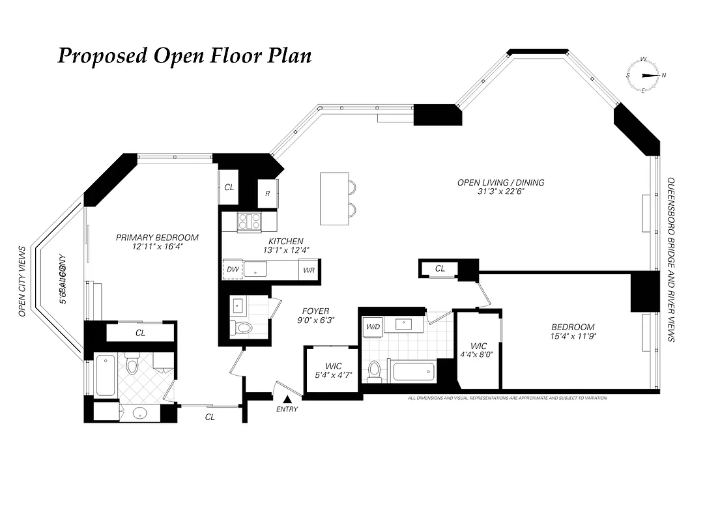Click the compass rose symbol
point(644,75)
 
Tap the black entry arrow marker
point(287,399)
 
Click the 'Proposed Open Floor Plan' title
point(184,56)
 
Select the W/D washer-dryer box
point(373,326)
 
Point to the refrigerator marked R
point(268,193)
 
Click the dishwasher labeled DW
point(232,269)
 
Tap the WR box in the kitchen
point(308,269)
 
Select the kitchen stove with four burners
point(249,221)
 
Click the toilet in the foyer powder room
point(244,327)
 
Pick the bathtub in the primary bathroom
point(106,374)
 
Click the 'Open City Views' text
point(22,281)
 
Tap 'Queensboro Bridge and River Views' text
point(671,260)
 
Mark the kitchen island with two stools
point(335,198)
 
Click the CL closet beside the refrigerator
point(229,187)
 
